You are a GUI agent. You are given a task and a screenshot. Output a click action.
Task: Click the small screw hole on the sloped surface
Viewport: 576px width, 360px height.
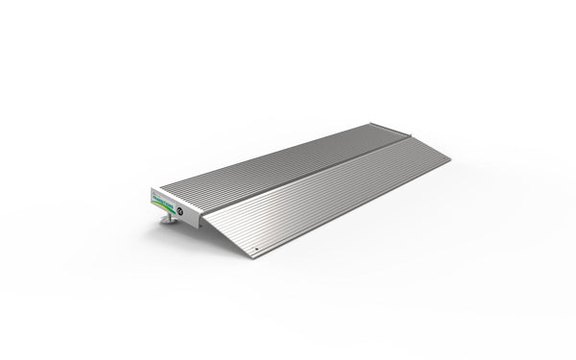(255, 252)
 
